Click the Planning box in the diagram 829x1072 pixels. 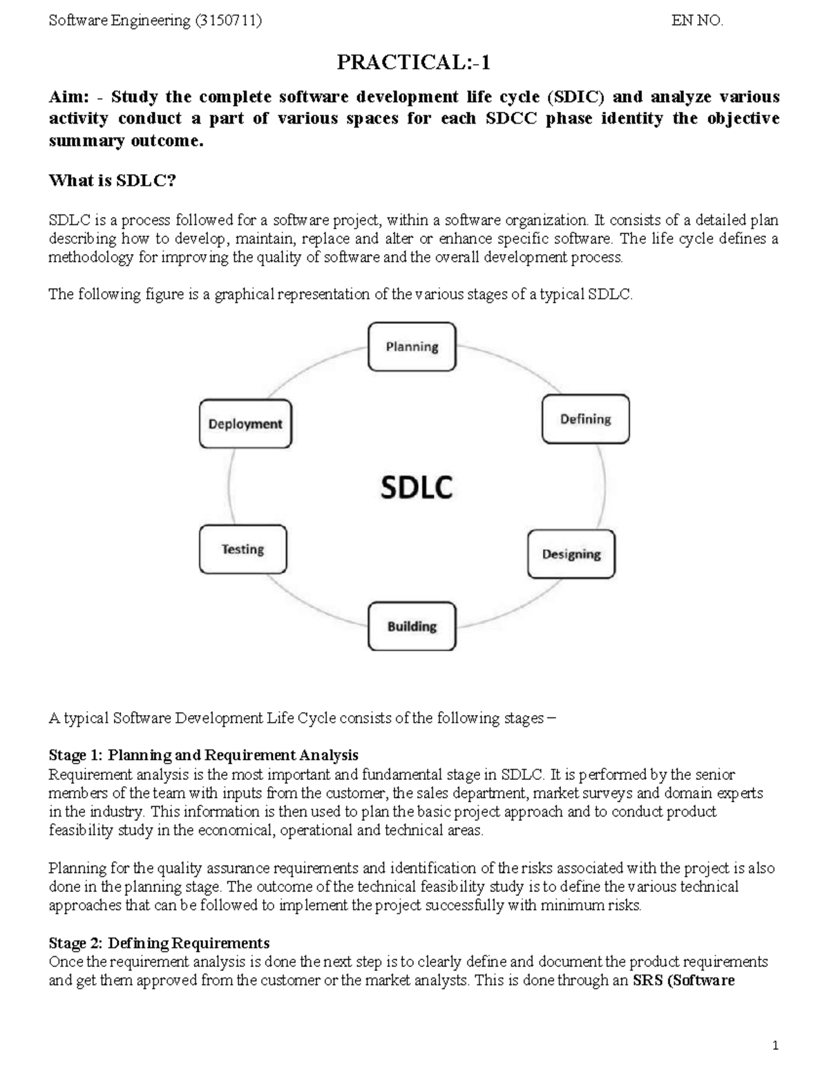point(412,347)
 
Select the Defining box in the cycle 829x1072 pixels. point(585,419)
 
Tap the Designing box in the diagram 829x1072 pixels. point(571,554)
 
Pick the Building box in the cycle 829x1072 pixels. point(412,626)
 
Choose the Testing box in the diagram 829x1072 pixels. point(242,549)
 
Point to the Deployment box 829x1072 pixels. point(245,424)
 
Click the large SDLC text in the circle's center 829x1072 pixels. point(417,488)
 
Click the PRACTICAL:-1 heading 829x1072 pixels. point(413,63)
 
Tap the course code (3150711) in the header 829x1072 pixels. point(229,21)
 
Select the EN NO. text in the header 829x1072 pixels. point(697,21)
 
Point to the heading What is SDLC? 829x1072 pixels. point(113,181)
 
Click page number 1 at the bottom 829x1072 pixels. point(776,1046)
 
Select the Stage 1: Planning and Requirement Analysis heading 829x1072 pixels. point(203,755)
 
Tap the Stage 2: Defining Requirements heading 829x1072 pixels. point(159,943)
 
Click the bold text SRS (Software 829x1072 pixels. point(683,980)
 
